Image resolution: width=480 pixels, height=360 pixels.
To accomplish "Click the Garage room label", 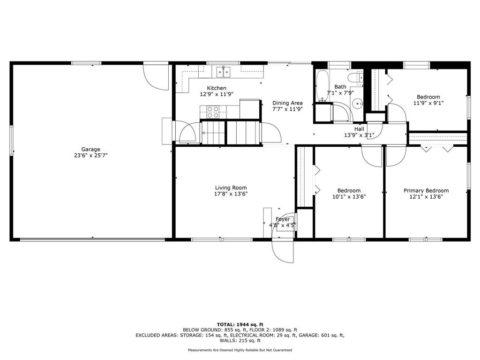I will click(x=91, y=150).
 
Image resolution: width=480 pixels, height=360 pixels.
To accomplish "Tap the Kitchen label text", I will click(x=217, y=88).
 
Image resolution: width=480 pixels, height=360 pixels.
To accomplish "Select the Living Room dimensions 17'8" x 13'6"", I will click(x=231, y=194).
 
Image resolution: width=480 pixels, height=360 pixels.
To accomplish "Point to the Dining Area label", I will click(x=287, y=103).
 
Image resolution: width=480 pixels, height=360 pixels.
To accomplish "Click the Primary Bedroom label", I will click(x=426, y=191).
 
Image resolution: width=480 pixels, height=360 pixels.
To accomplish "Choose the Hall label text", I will click(x=359, y=129).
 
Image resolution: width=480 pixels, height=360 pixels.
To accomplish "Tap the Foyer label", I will click(x=283, y=219).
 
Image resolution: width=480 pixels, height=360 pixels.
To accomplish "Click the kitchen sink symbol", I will click(x=224, y=71).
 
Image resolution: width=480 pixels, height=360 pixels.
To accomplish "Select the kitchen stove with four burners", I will click(x=213, y=112).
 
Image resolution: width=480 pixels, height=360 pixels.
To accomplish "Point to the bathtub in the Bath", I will click(x=322, y=87).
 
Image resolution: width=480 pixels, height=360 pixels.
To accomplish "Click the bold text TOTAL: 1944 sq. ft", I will click(x=240, y=324).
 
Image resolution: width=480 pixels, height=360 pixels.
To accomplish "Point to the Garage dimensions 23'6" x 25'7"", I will click(x=91, y=155).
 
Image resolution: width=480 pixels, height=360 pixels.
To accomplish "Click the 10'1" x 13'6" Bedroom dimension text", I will click(x=349, y=196).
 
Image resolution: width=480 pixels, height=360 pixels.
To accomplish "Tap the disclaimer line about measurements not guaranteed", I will click(x=240, y=350).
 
